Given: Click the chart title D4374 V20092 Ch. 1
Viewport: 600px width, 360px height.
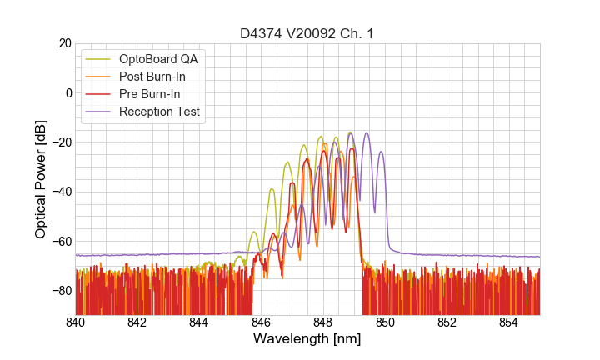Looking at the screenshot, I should click(x=307, y=33).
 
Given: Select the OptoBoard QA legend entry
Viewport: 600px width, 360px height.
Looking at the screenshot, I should click(x=158, y=59).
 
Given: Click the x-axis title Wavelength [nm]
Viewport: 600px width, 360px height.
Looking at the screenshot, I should click(x=307, y=339).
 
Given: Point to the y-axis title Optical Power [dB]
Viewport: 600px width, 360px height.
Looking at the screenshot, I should click(x=41, y=179).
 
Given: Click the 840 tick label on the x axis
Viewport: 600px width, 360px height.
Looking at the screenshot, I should click(x=76, y=322).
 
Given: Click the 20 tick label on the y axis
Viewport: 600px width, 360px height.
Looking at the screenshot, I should click(x=63, y=43).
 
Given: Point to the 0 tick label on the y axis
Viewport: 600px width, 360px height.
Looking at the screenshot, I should click(x=67, y=92).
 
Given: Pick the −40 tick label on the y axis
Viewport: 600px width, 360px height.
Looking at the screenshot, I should click(x=60, y=192).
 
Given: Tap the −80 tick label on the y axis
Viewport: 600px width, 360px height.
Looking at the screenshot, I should click(x=60, y=291).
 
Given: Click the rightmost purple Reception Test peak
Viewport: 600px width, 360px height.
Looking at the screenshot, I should click(x=382, y=152).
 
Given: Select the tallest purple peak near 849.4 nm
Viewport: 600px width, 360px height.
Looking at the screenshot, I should click(x=366, y=133).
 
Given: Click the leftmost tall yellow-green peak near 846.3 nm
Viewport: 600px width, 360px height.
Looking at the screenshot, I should click(x=272, y=189).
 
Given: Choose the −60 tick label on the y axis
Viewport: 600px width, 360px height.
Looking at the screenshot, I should click(x=60, y=242).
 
